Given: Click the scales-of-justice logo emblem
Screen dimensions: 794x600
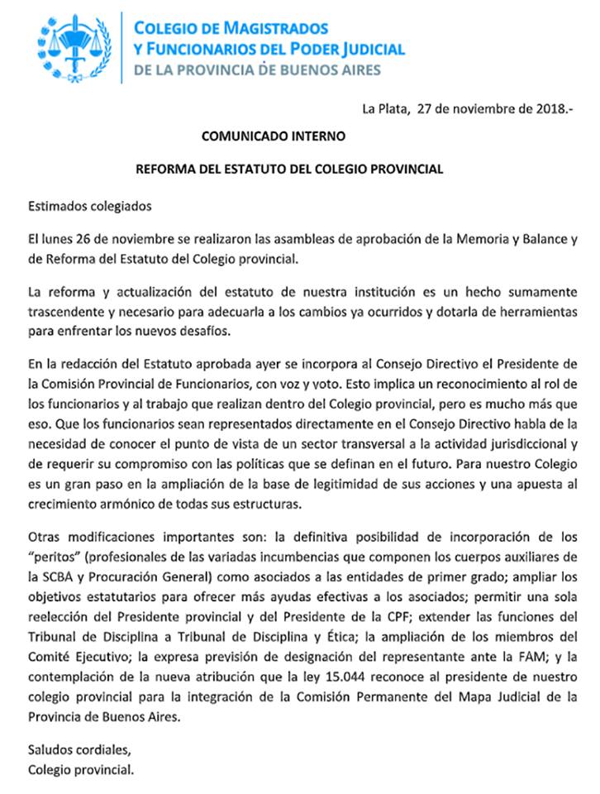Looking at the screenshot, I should tap(73, 47).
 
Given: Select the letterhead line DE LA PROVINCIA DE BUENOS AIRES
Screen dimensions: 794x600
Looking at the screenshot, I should tap(257, 70).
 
